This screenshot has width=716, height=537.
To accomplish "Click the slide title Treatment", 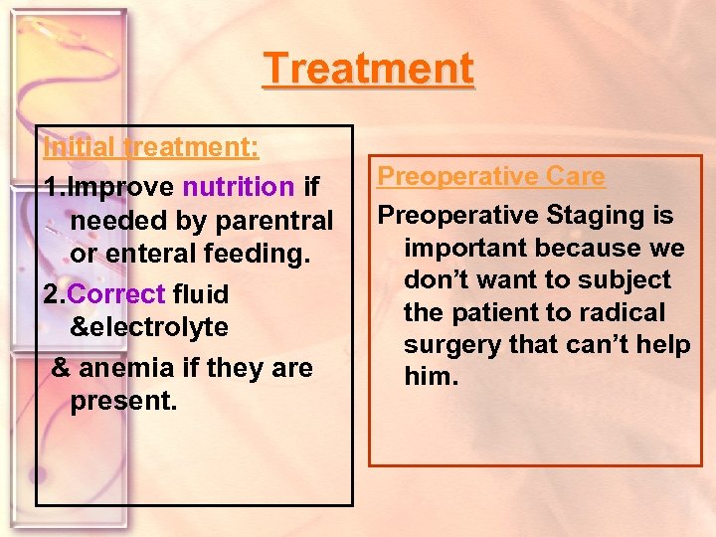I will pos(368,70).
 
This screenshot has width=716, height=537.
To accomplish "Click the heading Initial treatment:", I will pos(151,147).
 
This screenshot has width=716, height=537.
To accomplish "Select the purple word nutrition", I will pos(238,187).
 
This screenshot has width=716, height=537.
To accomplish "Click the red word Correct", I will pos(117,294).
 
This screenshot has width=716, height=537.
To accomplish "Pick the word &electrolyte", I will pos(149,327).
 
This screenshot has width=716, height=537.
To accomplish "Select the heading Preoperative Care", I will pos(491,176).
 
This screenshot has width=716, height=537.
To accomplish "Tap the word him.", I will pos(431,377).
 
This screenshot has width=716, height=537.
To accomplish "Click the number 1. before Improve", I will pos(54,187).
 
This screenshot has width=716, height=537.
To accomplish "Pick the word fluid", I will pos(200,294).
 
